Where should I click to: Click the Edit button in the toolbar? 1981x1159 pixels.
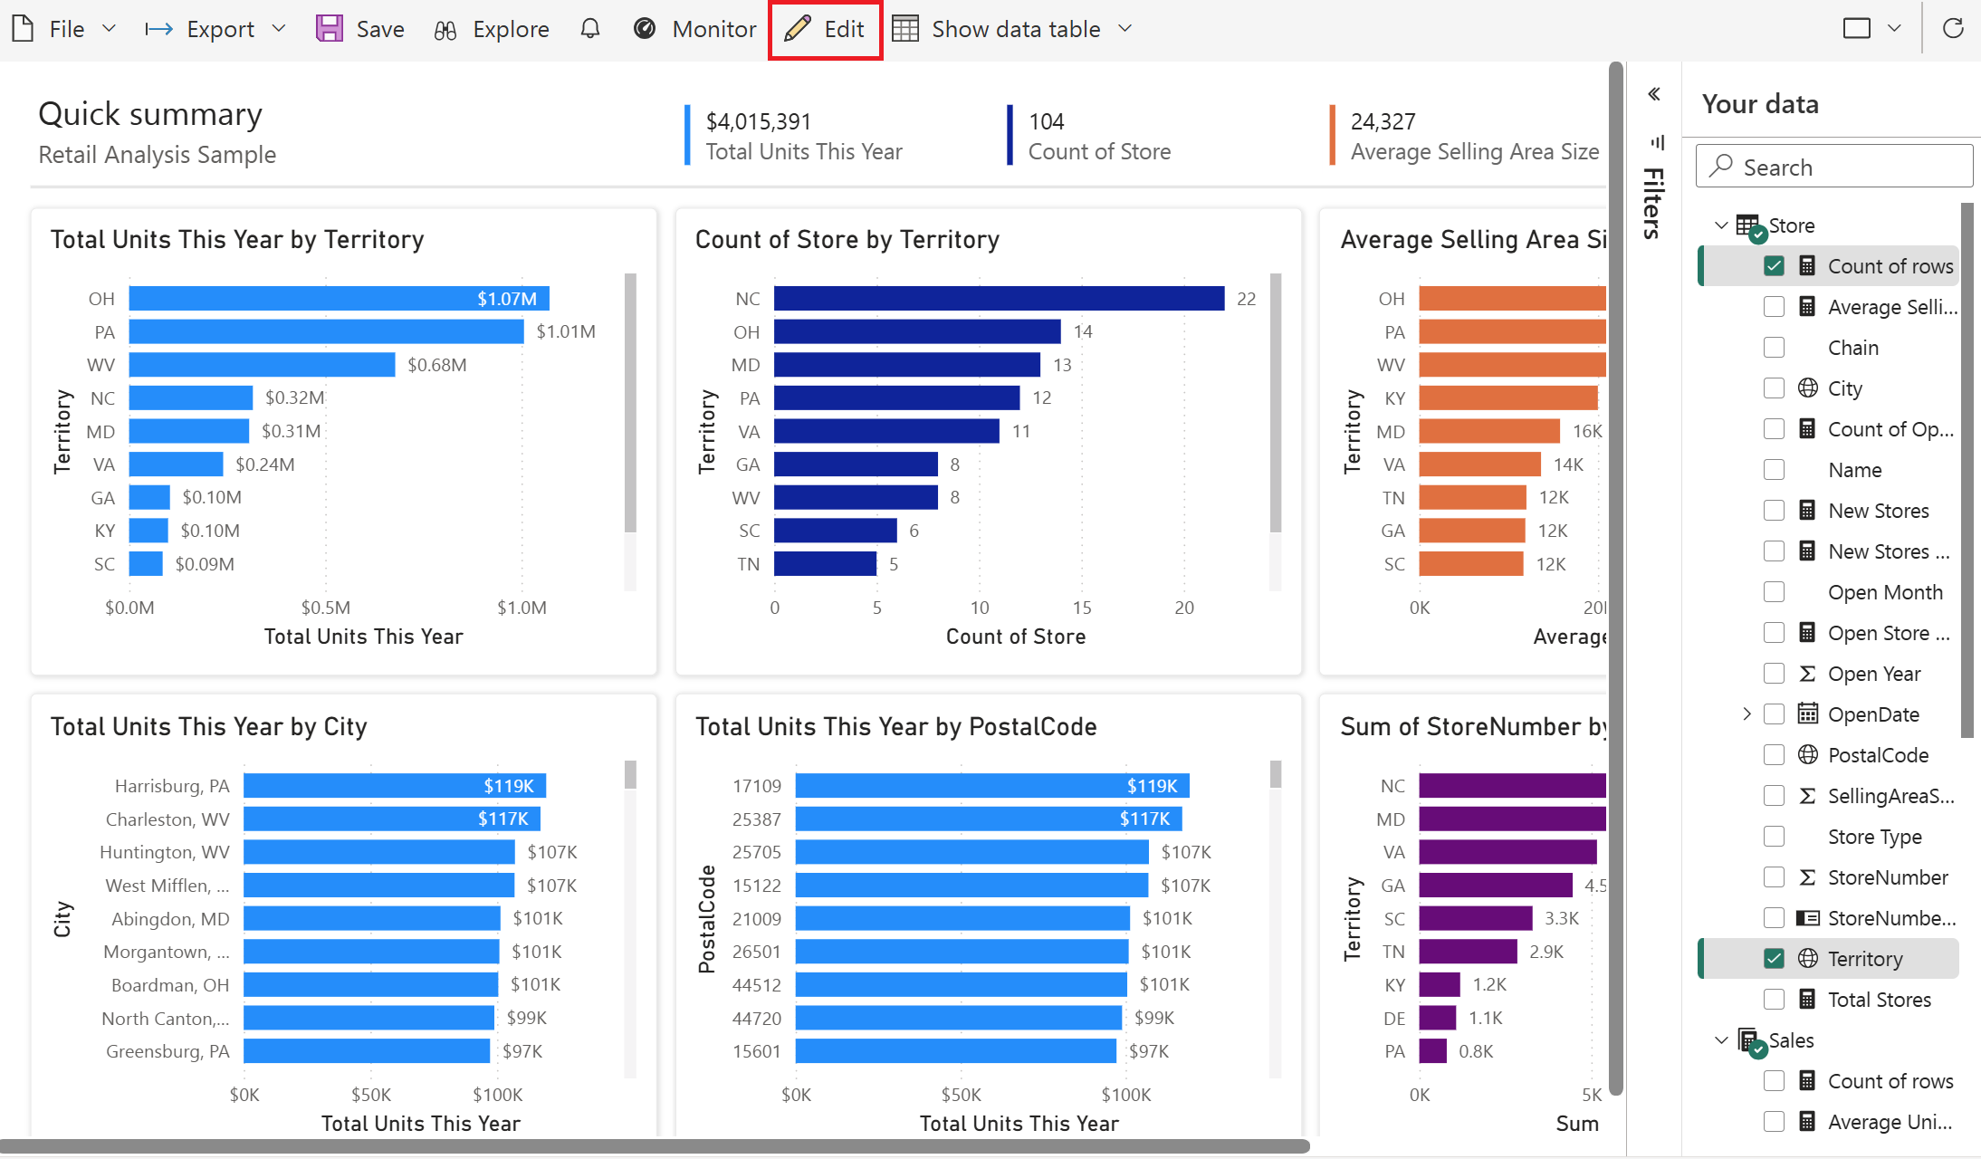click(825, 29)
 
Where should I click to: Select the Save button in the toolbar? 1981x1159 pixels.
click(360, 29)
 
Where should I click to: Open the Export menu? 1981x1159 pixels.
click(215, 29)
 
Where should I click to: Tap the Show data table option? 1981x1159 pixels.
click(1012, 29)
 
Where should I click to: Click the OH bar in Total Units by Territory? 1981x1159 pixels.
click(339, 299)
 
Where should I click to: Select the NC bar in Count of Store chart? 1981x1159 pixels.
click(999, 299)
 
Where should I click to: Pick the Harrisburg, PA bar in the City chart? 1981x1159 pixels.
click(395, 786)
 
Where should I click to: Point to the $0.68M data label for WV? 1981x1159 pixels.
click(437, 365)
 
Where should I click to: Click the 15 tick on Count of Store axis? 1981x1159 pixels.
click(1082, 608)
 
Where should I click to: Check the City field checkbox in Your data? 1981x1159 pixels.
click(1774, 388)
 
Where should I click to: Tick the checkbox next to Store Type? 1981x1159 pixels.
click(1774, 837)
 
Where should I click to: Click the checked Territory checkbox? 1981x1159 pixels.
click(1774, 959)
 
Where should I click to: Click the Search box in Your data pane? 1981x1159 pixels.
click(1834, 167)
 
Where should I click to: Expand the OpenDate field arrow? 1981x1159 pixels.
click(1747, 714)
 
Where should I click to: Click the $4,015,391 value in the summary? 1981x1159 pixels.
click(759, 121)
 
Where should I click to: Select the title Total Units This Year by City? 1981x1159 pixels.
click(209, 726)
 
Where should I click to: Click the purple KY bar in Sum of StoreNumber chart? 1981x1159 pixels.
click(1439, 984)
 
